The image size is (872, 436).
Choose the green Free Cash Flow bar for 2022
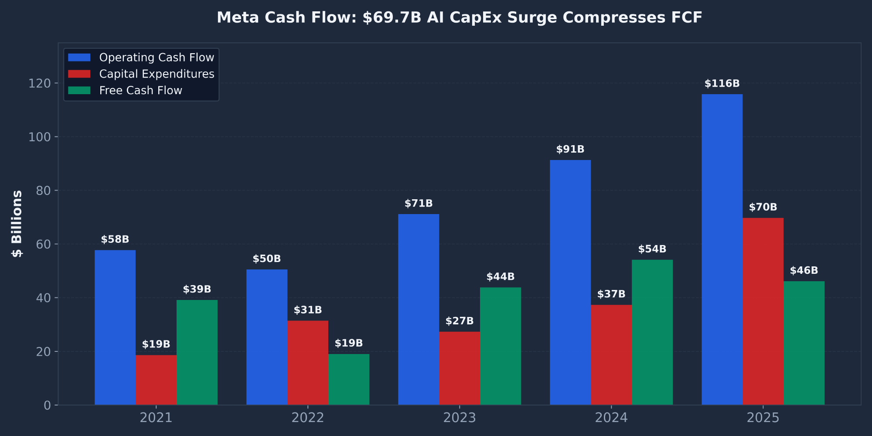click(x=349, y=379)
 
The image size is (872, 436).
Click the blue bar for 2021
click(x=115, y=327)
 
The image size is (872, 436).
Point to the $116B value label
click(x=722, y=84)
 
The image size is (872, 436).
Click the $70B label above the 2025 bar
click(x=763, y=208)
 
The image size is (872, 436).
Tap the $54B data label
click(x=652, y=249)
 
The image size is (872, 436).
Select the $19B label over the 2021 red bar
click(x=156, y=344)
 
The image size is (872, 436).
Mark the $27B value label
click(x=460, y=321)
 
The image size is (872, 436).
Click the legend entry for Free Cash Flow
click(x=140, y=91)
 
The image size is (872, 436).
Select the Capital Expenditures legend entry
click(x=157, y=74)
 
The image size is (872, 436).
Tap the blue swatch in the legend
click(x=79, y=58)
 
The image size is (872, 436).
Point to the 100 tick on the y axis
click(x=40, y=137)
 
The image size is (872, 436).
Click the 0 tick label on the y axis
click(x=47, y=405)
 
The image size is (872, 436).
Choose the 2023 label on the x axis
click(x=460, y=418)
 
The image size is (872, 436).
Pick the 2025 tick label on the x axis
click(x=763, y=418)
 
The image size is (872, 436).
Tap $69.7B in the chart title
click(x=392, y=18)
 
